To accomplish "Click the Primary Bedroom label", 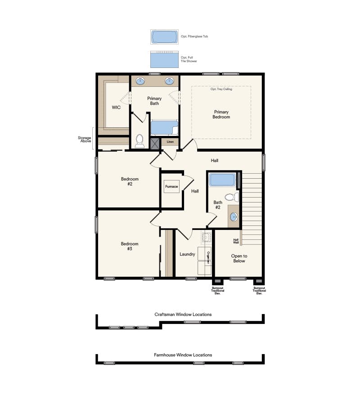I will (x=221, y=114).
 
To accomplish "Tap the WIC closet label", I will (x=116, y=108).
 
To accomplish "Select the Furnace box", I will (x=171, y=186).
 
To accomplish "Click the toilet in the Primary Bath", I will (x=139, y=140).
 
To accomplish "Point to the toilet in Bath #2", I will (x=231, y=197).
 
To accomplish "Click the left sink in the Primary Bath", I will (x=140, y=81).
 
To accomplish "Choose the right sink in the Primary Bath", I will (x=170, y=81).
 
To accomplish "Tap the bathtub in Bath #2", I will (x=223, y=180).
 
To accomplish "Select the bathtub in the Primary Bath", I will (x=164, y=128).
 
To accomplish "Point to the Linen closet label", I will (x=170, y=142).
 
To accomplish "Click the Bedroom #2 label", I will (x=130, y=181).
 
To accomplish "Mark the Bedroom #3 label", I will (x=130, y=246).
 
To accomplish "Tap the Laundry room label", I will (x=187, y=254).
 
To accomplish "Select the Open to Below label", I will (x=239, y=258).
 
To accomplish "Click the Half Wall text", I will (x=236, y=241).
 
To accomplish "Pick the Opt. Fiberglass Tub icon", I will (x=164, y=36).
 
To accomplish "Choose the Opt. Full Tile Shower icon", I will (x=164, y=59).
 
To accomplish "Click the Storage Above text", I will (x=85, y=139).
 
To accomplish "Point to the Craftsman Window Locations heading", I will (x=183, y=315).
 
